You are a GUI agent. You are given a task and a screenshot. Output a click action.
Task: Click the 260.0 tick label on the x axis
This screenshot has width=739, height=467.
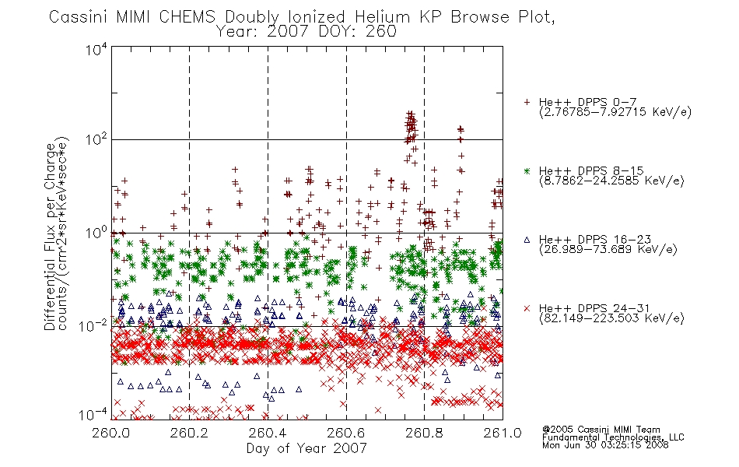pyautogui.click(x=110, y=433)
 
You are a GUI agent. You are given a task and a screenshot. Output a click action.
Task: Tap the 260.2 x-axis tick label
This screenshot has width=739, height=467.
pyautogui.click(x=190, y=433)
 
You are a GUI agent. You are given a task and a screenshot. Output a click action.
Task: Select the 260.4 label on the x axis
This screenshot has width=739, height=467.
pyautogui.click(x=268, y=433)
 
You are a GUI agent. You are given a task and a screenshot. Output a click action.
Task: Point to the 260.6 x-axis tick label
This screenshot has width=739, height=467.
pyautogui.click(x=346, y=433)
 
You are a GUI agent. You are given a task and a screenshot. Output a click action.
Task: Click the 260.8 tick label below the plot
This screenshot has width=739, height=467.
pyautogui.click(x=424, y=433)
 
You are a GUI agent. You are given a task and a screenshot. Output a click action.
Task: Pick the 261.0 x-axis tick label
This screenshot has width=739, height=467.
pyautogui.click(x=503, y=433)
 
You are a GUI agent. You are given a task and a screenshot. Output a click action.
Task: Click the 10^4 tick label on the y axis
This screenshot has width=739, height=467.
pyautogui.click(x=96, y=49)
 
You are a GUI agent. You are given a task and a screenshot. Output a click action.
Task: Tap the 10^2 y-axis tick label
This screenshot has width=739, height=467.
pyautogui.click(x=96, y=139)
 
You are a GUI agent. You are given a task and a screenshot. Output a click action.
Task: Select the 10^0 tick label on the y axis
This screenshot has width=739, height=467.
pyautogui.click(x=96, y=233)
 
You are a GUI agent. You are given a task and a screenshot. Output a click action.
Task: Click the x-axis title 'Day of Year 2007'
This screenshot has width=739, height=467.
pyautogui.click(x=306, y=448)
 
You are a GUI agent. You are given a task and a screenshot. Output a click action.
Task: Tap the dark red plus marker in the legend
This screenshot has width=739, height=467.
pyautogui.click(x=527, y=102)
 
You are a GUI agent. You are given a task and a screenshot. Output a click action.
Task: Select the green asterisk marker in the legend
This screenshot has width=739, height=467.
pyautogui.click(x=527, y=170)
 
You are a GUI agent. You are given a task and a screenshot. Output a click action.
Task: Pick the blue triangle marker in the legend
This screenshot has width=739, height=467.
pyautogui.click(x=527, y=240)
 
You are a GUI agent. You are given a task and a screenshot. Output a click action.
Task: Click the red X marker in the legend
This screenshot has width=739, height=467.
pyautogui.click(x=527, y=308)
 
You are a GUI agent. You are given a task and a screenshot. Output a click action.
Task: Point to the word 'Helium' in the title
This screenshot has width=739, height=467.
pyautogui.click(x=382, y=17)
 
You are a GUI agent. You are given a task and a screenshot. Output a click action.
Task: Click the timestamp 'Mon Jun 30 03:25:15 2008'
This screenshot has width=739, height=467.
pyautogui.click(x=605, y=445)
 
